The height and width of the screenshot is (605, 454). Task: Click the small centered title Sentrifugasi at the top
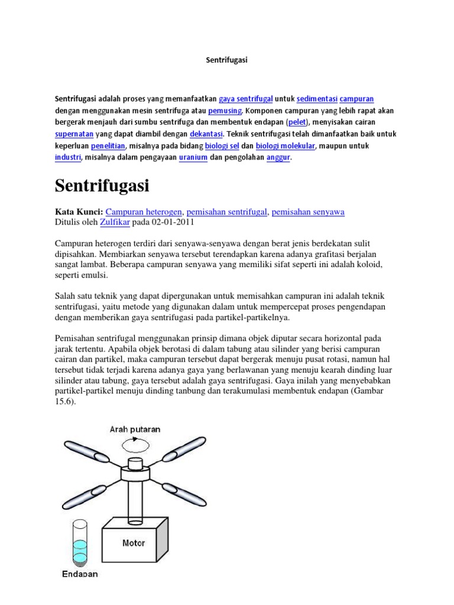[x=226, y=60]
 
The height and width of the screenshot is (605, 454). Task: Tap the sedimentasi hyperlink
[x=316, y=99]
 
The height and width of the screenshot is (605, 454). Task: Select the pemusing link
[x=225, y=110]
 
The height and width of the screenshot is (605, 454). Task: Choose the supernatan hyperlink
[x=77, y=134]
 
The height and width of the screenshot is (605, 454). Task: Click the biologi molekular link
[x=286, y=146]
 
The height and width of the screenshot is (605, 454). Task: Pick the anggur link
[x=278, y=158]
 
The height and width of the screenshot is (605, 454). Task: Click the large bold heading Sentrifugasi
[x=102, y=186]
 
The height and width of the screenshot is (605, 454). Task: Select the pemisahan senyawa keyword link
[x=308, y=212]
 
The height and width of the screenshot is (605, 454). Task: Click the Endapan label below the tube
[x=80, y=574]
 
